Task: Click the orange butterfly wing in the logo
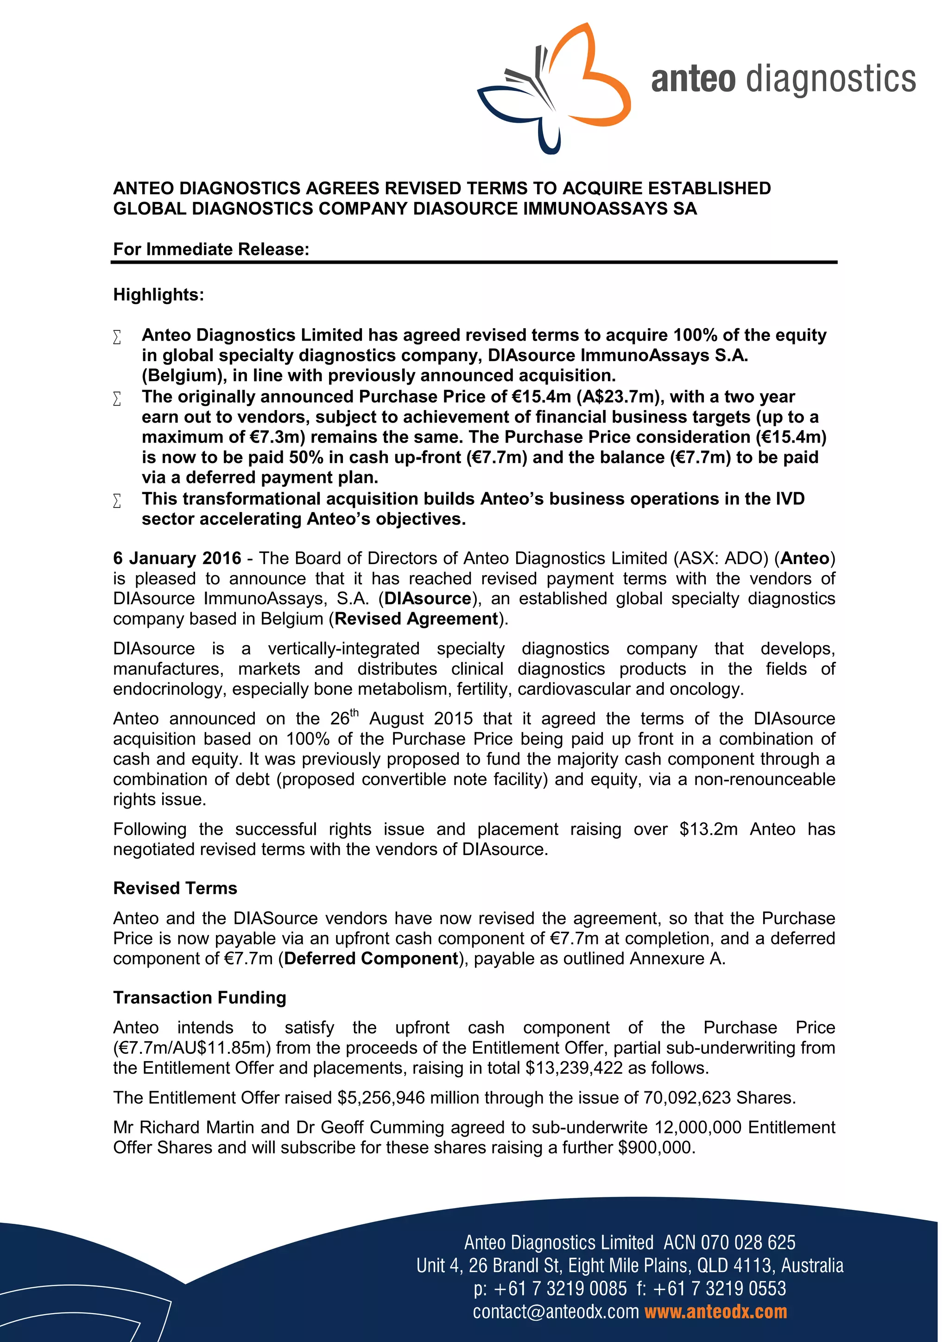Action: click(x=602, y=88)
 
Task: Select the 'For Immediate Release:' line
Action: click(x=211, y=250)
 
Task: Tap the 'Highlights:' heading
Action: click(x=158, y=295)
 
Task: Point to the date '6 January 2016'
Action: click(x=177, y=558)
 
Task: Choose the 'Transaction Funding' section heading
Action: click(x=200, y=997)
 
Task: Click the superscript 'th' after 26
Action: click(x=354, y=713)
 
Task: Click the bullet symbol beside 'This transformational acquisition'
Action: click(x=117, y=501)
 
